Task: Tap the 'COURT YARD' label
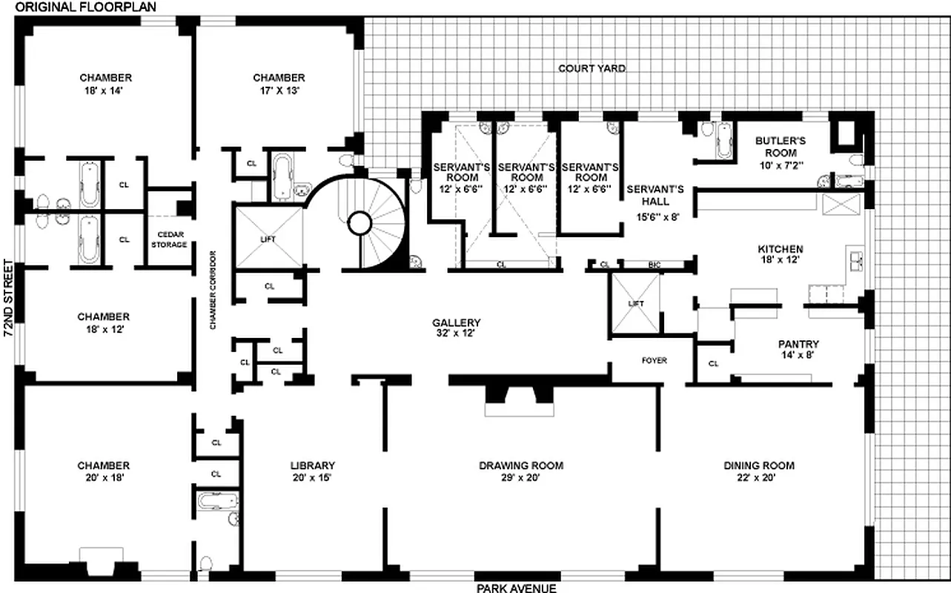(592, 68)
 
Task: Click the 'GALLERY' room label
(457, 323)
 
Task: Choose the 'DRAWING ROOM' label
(520, 466)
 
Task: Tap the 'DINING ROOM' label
(759, 466)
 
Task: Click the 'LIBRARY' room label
(312, 466)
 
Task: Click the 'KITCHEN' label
(780, 249)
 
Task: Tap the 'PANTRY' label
(798, 344)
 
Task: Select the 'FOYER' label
(654, 361)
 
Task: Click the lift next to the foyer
(634, 304)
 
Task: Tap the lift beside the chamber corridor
(268, 239)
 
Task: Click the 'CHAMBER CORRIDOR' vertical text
(212, 289)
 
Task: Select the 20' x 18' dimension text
(103, 478)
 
